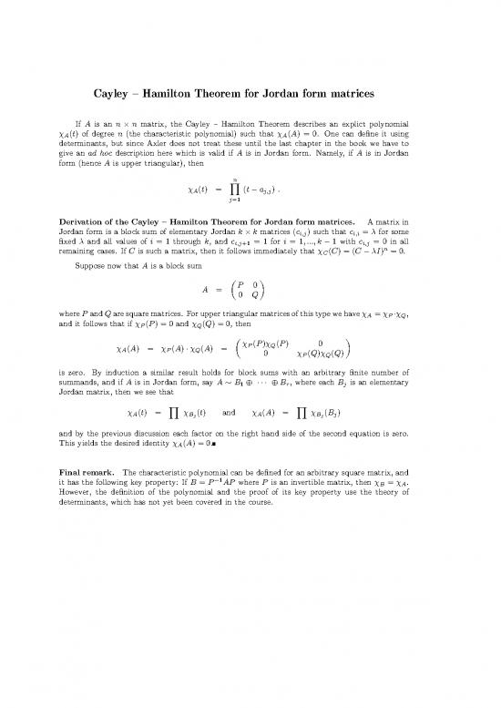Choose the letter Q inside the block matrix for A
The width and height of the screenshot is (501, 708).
(x=260, y=365)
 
